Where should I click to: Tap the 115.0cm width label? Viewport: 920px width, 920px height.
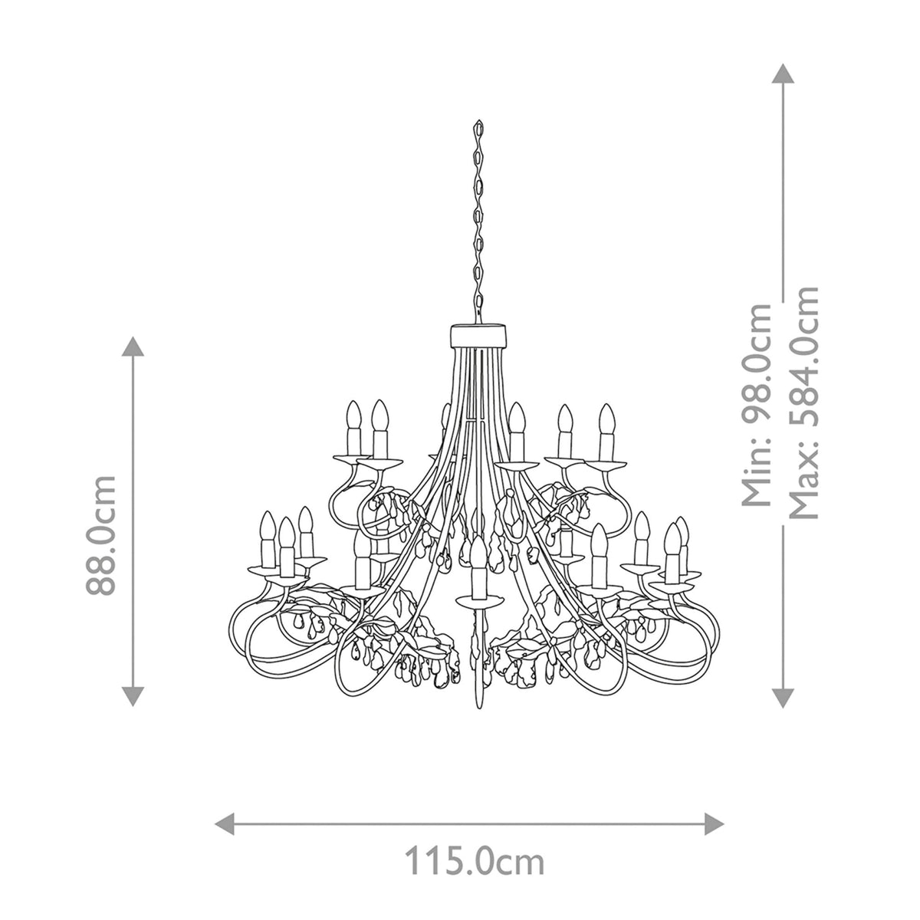[x=475, y=862]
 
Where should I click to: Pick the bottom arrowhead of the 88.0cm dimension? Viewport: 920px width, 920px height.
[x=133, y=696]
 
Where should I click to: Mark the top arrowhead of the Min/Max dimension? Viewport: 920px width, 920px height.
[x=782, y=74]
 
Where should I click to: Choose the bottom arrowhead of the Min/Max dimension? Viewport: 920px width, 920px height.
[x=782, y=696]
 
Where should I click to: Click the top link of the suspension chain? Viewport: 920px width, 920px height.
[x=478, y=127]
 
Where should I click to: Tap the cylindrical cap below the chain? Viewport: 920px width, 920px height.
[x=478, y=335]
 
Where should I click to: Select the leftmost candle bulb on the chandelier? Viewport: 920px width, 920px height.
[x=268, y=527]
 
